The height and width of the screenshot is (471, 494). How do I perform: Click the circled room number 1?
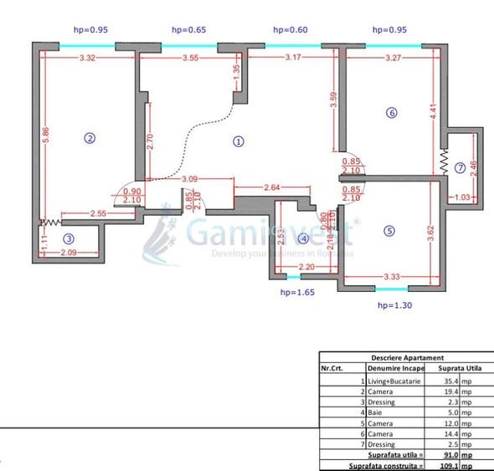[239, 141]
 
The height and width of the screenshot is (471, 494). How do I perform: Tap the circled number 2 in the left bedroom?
[90, 138]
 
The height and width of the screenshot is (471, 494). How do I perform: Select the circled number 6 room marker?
[391, 112]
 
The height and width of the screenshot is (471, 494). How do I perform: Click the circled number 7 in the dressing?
[459, 167]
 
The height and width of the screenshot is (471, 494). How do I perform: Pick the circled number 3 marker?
[69, 238]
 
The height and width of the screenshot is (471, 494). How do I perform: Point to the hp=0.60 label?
[291, 30]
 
